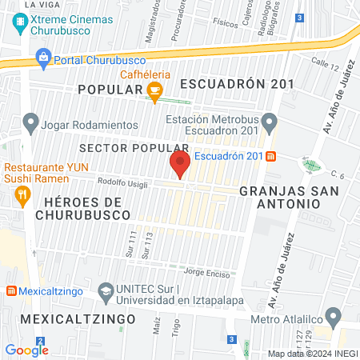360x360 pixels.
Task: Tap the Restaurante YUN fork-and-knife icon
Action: pyautogui.click(x=22, y=194)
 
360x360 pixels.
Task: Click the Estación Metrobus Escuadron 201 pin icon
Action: pyautogui.click(x=270, y=123)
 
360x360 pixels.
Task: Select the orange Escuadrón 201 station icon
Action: pyautogui.click(x=271, y=155)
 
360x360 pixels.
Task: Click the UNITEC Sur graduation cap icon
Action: pyautogui.click(x=105, y=291)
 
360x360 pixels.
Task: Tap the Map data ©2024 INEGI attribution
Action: pyautogui.click(x=311, y=354)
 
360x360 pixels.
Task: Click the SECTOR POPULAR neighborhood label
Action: pyautogui.click(x=134, y=148)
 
